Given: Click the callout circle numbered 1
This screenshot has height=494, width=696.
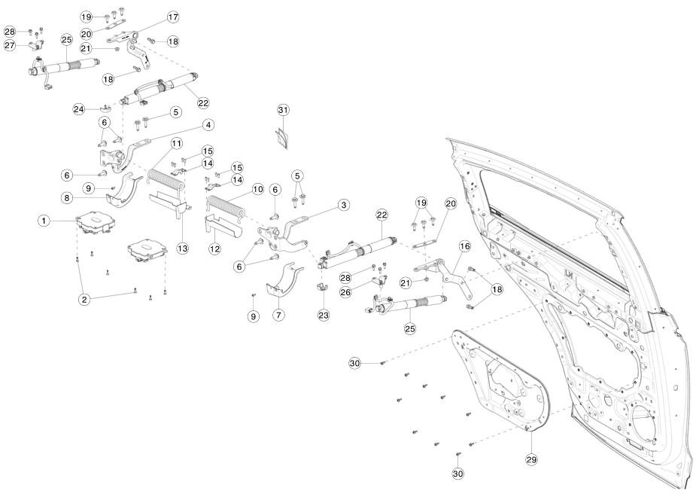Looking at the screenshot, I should (44, 221).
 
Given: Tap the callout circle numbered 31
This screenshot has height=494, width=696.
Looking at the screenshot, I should (283, 110).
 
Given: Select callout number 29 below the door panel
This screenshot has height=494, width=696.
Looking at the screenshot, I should (532, 458).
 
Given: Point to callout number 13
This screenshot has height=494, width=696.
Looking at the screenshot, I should (183, 247).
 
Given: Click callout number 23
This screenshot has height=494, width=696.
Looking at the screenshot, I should (324, 315).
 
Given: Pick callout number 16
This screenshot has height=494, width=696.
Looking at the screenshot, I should (464, 246).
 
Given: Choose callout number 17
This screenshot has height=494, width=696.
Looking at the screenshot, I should (173, 17).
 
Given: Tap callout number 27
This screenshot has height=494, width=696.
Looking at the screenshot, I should (10, 46).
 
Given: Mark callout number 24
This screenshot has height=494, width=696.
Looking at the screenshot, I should (78, 109).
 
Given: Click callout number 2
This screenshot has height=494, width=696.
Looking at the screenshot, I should (85, 299).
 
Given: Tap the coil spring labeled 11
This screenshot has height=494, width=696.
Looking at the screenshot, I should (166, 179).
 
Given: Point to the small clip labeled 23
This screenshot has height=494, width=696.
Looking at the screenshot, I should (324, 288).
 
